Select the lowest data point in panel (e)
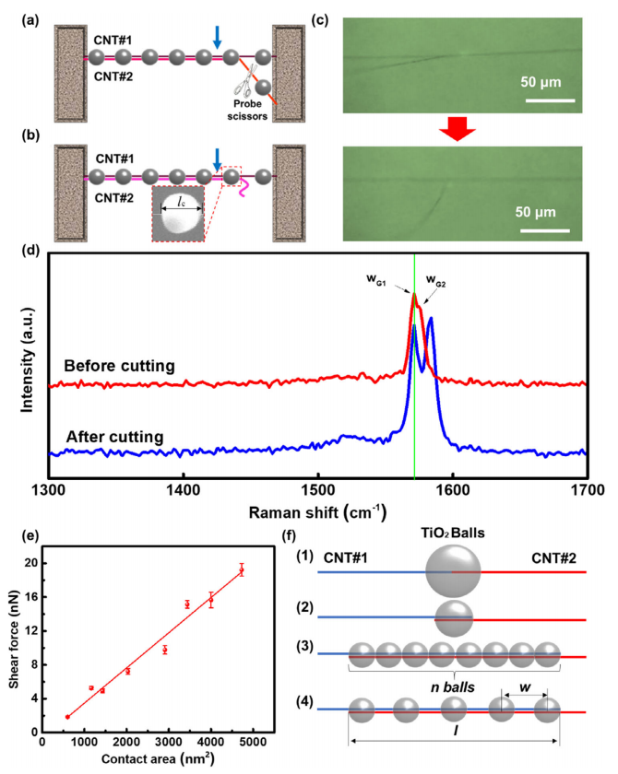(x=67, y=717)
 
